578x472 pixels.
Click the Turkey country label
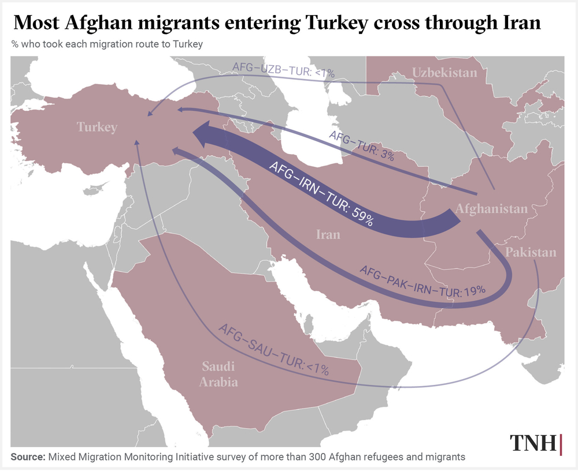click(97, 127)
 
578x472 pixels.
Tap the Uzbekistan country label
click(444, 73)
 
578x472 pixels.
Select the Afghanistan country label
click(491, 208)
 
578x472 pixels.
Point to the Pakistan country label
click(530, 252)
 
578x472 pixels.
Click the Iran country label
click(328, 234)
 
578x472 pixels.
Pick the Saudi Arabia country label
click(219, 374)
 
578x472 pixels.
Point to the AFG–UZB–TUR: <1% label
click(283, 70)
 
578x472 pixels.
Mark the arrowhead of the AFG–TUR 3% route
click(180, 109)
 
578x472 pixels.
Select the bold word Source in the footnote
click(28, 457)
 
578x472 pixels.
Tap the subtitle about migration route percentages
click(106, 44)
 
